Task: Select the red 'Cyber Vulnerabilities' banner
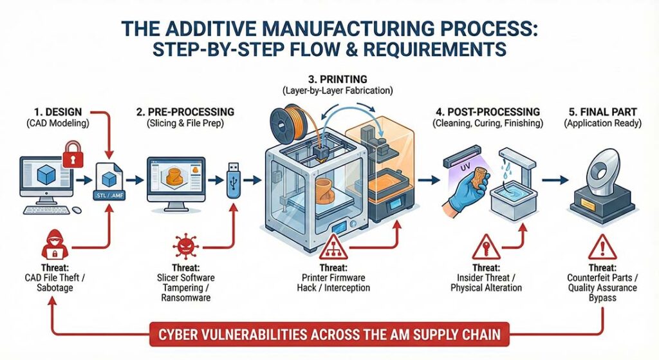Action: click(x=329, y=336)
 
